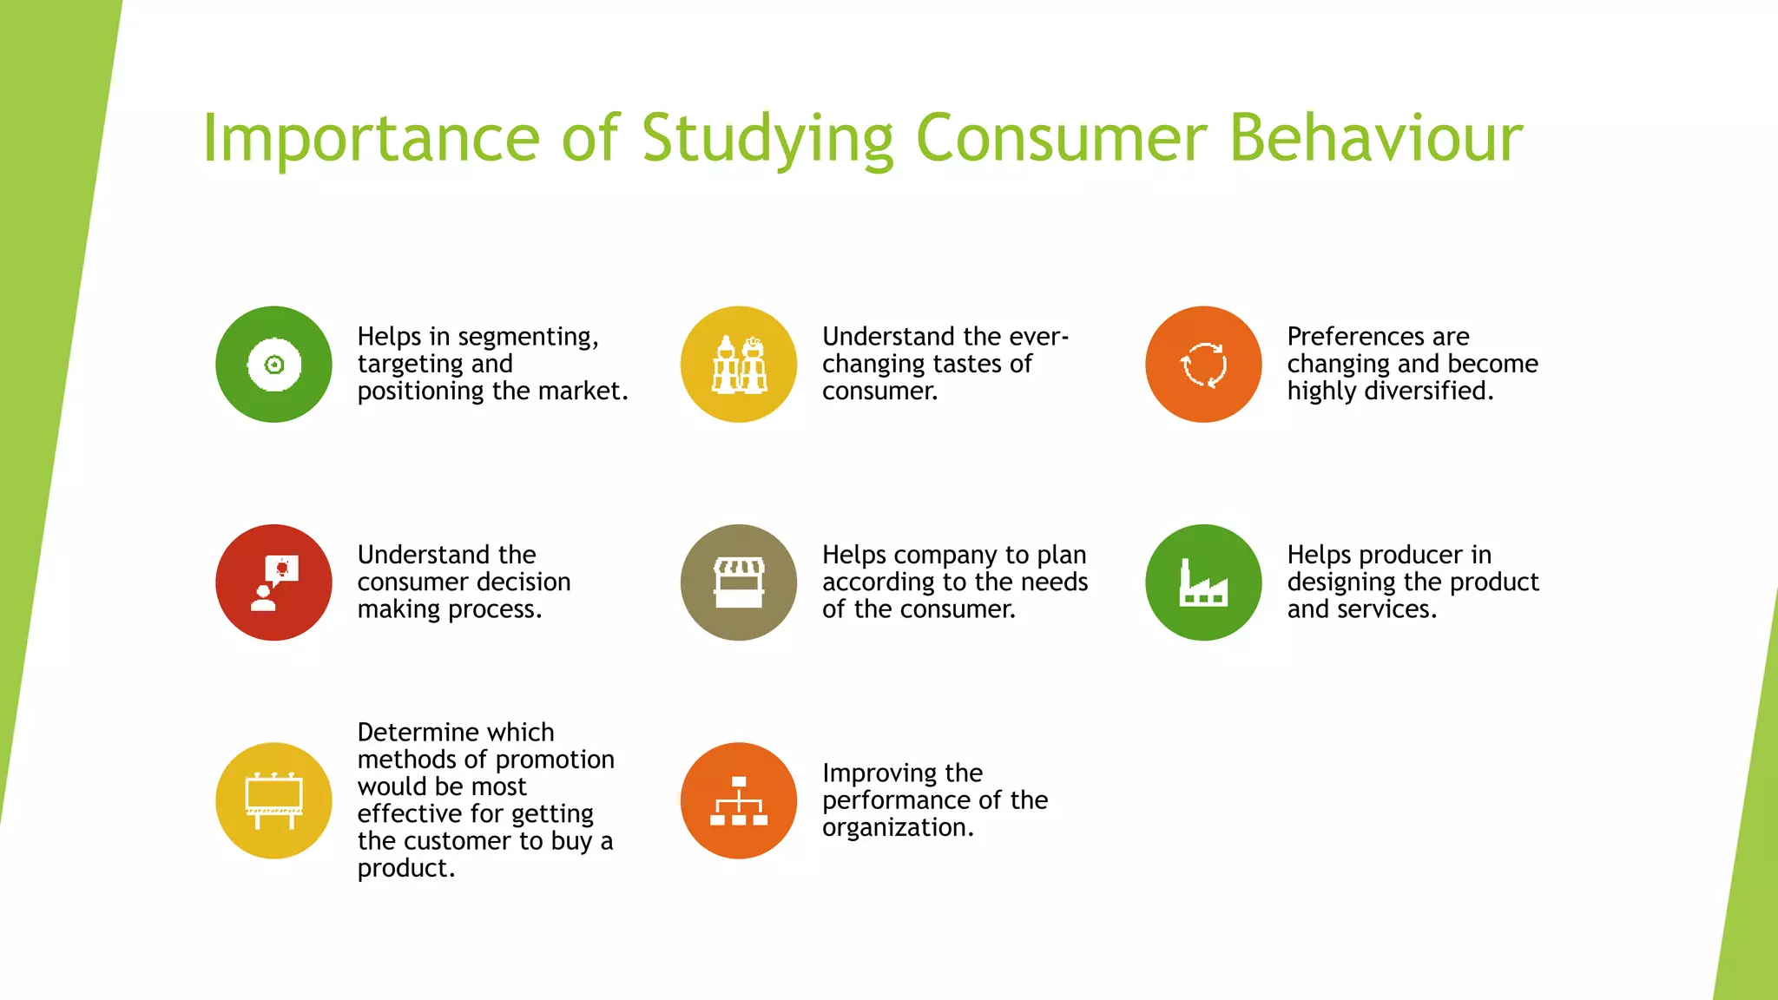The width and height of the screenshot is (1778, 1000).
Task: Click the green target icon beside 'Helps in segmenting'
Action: tap(273, 365)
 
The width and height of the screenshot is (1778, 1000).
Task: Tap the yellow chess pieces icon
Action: tap(739, 365)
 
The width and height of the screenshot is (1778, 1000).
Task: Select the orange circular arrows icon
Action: tap(1203, 365)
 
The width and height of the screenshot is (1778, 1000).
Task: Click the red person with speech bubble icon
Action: tap(273, 582)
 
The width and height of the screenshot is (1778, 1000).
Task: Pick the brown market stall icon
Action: tap(739, 582)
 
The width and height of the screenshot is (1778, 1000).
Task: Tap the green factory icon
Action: tap(1203, 582)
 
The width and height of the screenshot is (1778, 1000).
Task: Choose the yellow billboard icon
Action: tap(273, 800)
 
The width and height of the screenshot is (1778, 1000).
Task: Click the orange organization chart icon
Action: tap(739, 800)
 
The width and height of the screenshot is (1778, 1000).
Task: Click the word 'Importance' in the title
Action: tap(372, 139)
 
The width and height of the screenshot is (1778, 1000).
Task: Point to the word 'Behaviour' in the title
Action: tap(1376, 139)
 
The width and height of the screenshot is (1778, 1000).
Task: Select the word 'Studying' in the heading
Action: tap(767, 139)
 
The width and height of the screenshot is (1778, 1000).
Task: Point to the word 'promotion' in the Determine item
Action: tap(554, 760)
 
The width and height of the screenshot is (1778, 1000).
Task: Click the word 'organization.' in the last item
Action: tap(898, 828)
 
